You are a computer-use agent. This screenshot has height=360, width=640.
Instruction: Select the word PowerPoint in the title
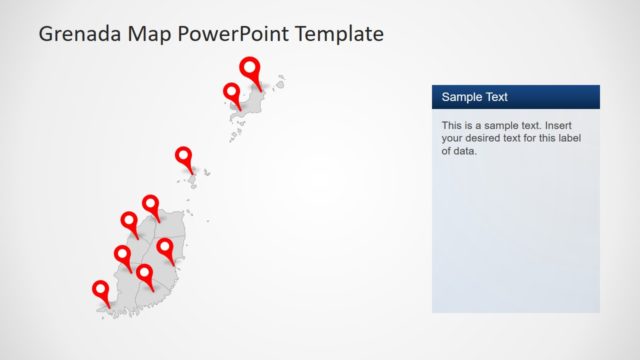tap(228, 34)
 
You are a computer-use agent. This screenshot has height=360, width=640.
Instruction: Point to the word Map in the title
tap(147, 34)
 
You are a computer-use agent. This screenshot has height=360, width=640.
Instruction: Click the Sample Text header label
tap(475, 97)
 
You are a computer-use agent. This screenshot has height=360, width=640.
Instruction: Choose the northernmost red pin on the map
tap(250, 68)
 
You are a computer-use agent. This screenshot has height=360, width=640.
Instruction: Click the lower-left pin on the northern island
tap(231, 92)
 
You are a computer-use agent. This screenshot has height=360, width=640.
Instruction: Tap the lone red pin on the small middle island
tap(184, 156)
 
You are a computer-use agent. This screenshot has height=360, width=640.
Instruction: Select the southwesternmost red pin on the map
tap(100, 290)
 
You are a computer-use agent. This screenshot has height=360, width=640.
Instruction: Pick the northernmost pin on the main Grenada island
tap(151, 204)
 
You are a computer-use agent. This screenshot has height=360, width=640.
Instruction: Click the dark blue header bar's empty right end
tap(570, 97)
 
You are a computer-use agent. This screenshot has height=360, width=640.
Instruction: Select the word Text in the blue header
tap(495, 97)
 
